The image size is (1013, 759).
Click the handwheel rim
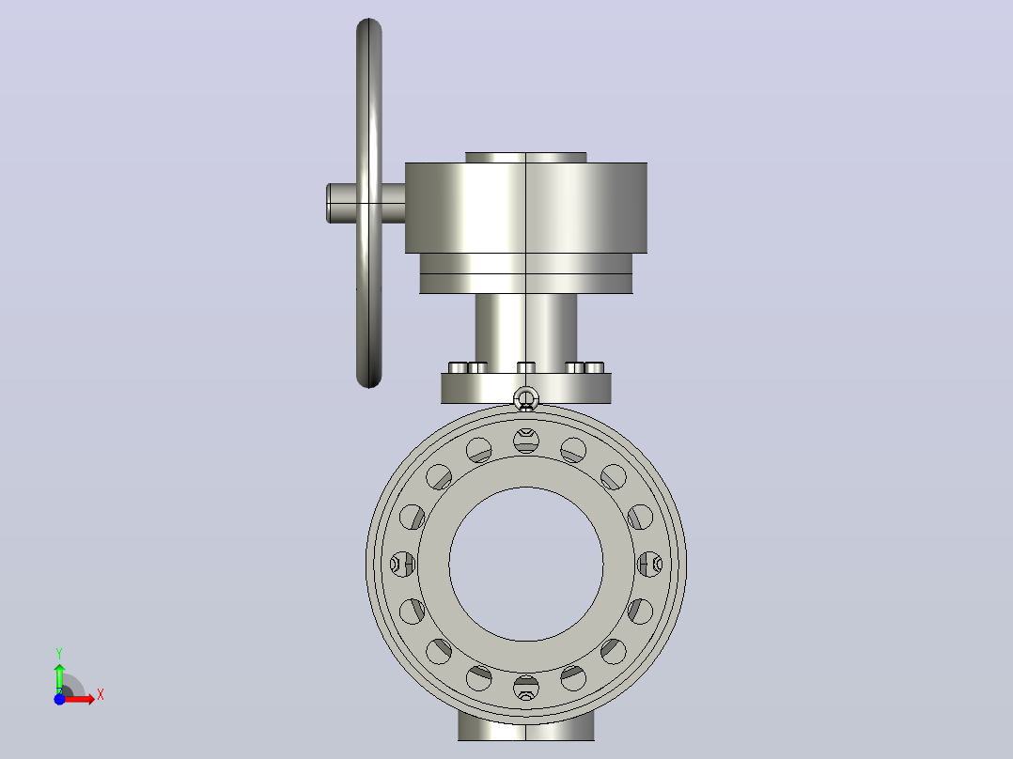pyautogui.click(x=369, y=97)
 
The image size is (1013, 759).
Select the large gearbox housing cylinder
pyautogui.click(x=526, y=208)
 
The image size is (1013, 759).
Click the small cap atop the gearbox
pyautogui.click(x=526, y=158)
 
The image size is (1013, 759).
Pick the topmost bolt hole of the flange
pyautogui.click(x=526, y=441)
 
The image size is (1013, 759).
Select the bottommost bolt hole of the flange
pyautogui.click(x=526, y=688)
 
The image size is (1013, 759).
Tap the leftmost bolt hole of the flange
pyautogui.click(x=403, y=564)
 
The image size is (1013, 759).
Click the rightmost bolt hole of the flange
pyautogui.click(x=649, y=564)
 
